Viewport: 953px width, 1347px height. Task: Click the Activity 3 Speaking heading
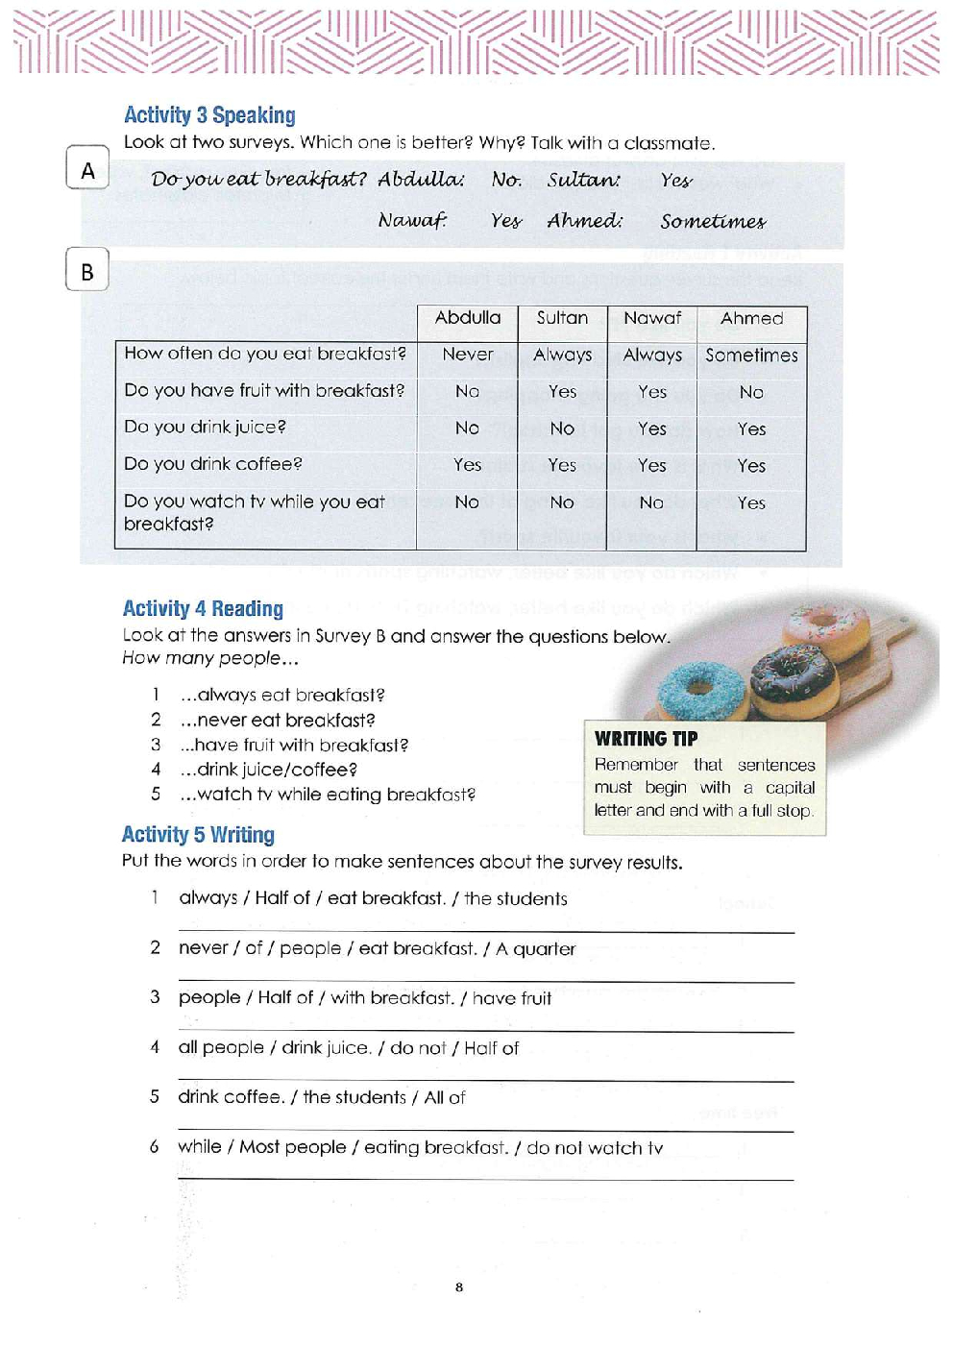click(x=209, y=115)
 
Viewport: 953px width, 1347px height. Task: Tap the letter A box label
click(x=87, y=170)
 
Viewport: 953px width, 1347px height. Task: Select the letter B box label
click(x=87, y=272)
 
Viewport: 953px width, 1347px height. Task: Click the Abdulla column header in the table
click(x=467, y=318)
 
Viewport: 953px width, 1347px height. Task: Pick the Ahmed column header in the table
click(x=751, y=318)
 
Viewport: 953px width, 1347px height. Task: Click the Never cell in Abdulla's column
click(x=467, y=355)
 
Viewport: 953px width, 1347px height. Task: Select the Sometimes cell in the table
click(x=751, y=355)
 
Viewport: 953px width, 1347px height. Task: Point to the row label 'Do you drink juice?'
click(x=205, y=427)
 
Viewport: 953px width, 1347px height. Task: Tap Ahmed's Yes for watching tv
click(x=751, y=503)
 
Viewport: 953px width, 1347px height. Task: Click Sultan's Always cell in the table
click(x=562, y=355)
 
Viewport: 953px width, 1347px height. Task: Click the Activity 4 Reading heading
click(x=203, y=609)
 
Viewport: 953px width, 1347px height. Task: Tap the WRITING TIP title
click(x=646, y=739)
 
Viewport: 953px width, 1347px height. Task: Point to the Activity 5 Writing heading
click(x=198, y=835)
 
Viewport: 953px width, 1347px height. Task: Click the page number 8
click(x=459, y=1287)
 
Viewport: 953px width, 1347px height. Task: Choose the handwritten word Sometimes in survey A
click(x=713, y=222)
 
